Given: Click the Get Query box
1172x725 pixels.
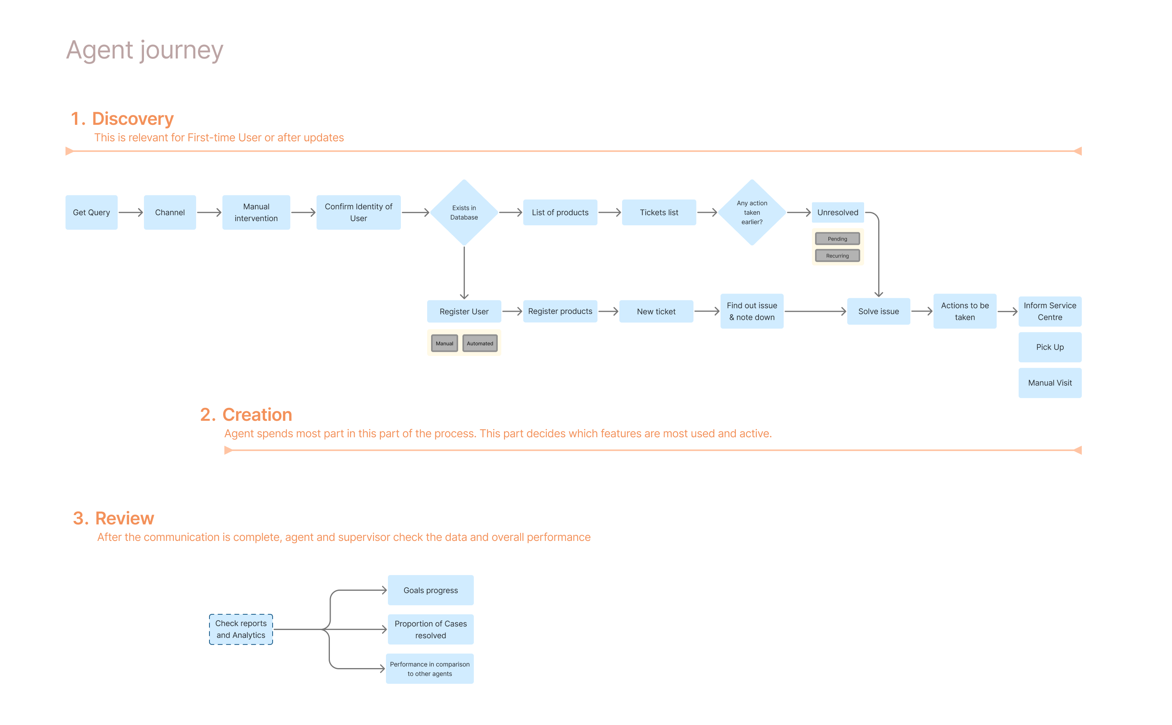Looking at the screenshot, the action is point(91,212).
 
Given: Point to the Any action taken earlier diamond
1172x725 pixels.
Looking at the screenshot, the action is point(752,212).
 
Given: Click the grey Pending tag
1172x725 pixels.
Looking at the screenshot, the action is point(837,239).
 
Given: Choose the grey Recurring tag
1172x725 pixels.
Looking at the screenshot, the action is point(837,256).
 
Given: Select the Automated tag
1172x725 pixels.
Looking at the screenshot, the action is point(480,343).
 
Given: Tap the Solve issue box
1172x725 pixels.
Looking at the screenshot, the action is point(878,311).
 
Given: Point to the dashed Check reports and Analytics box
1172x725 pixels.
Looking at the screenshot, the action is point(241,629).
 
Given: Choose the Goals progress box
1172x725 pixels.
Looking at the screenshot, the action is point(430,590).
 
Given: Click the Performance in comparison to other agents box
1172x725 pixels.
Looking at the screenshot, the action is point(430,668).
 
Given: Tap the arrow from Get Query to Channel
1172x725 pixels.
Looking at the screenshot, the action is point(131,212).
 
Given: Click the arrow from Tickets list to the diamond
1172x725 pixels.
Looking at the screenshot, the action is point(707,212).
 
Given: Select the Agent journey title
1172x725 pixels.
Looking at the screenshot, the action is point(145,50).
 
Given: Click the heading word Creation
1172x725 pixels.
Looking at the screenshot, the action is point(257,415).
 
